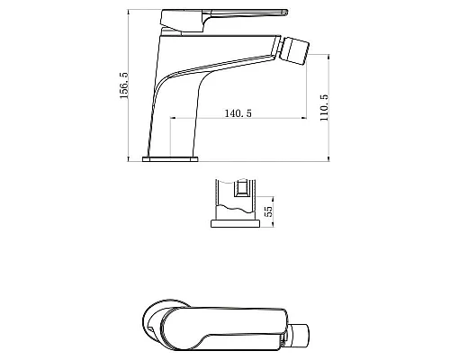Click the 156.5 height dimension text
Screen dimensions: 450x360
point(124,85)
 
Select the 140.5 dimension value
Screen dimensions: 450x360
point(238,113)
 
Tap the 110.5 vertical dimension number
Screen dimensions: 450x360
point(324,108)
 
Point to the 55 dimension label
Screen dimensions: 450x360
point(269,211)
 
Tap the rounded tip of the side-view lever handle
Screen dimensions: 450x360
point(285,13)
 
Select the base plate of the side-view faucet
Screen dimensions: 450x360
point(170,159)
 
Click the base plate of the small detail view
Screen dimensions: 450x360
point(235,223)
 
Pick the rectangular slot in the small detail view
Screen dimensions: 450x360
point(241,188)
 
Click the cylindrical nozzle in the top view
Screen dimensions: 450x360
point(298,335)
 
